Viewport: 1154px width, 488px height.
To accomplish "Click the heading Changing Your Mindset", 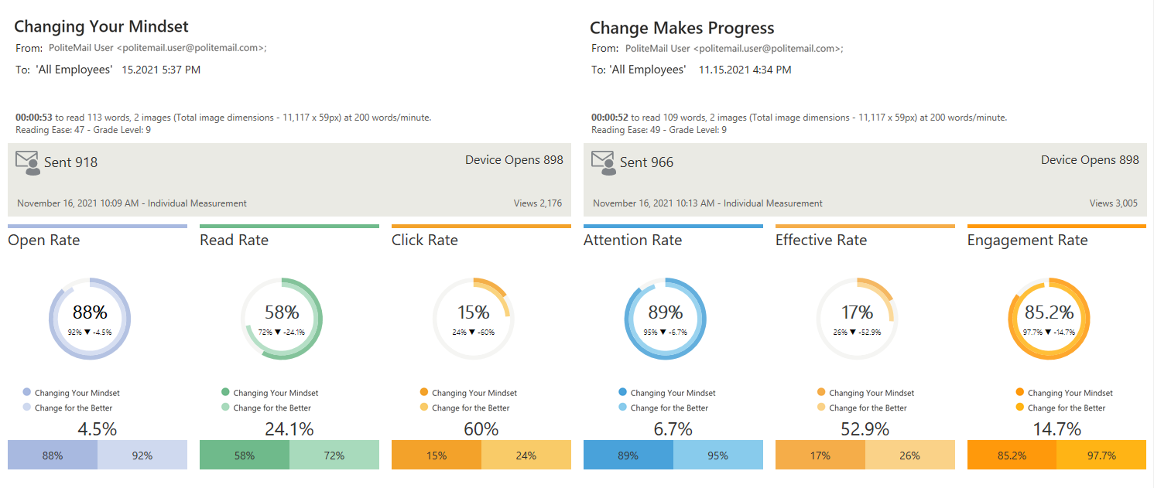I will [101, 26].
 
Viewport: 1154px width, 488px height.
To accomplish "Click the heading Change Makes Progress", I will [682, 29].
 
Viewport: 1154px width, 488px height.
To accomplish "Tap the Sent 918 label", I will [70, 162].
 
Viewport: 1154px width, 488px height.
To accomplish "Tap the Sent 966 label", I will [646, 162].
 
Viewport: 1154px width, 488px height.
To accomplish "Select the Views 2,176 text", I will [538, 203].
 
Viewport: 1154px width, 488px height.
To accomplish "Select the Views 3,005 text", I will [1114, 203].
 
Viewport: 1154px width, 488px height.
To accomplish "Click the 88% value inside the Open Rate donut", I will [90, 312].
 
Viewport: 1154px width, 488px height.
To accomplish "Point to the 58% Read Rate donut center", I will [282, 312].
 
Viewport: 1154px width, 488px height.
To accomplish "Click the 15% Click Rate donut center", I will [474, 312].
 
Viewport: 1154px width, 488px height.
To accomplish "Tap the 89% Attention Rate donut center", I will [666, 312].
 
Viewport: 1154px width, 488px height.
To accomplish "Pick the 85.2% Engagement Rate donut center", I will [1050, 312].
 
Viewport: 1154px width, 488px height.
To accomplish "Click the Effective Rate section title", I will [821, 241].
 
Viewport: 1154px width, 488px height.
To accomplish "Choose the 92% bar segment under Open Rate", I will [142, 456].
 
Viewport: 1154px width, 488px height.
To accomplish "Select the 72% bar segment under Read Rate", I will [334, 456].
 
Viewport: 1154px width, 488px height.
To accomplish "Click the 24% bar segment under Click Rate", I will [526, 456].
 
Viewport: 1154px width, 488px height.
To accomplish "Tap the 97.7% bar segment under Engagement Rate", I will [1101, 456].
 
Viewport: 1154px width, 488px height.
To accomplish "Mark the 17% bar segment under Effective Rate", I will [820, 456].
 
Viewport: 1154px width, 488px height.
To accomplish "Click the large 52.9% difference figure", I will [865, 429].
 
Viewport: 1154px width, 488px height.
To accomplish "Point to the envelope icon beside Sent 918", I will [27, 162].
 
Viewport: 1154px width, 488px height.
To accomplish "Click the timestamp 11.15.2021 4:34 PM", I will [745, 70].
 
